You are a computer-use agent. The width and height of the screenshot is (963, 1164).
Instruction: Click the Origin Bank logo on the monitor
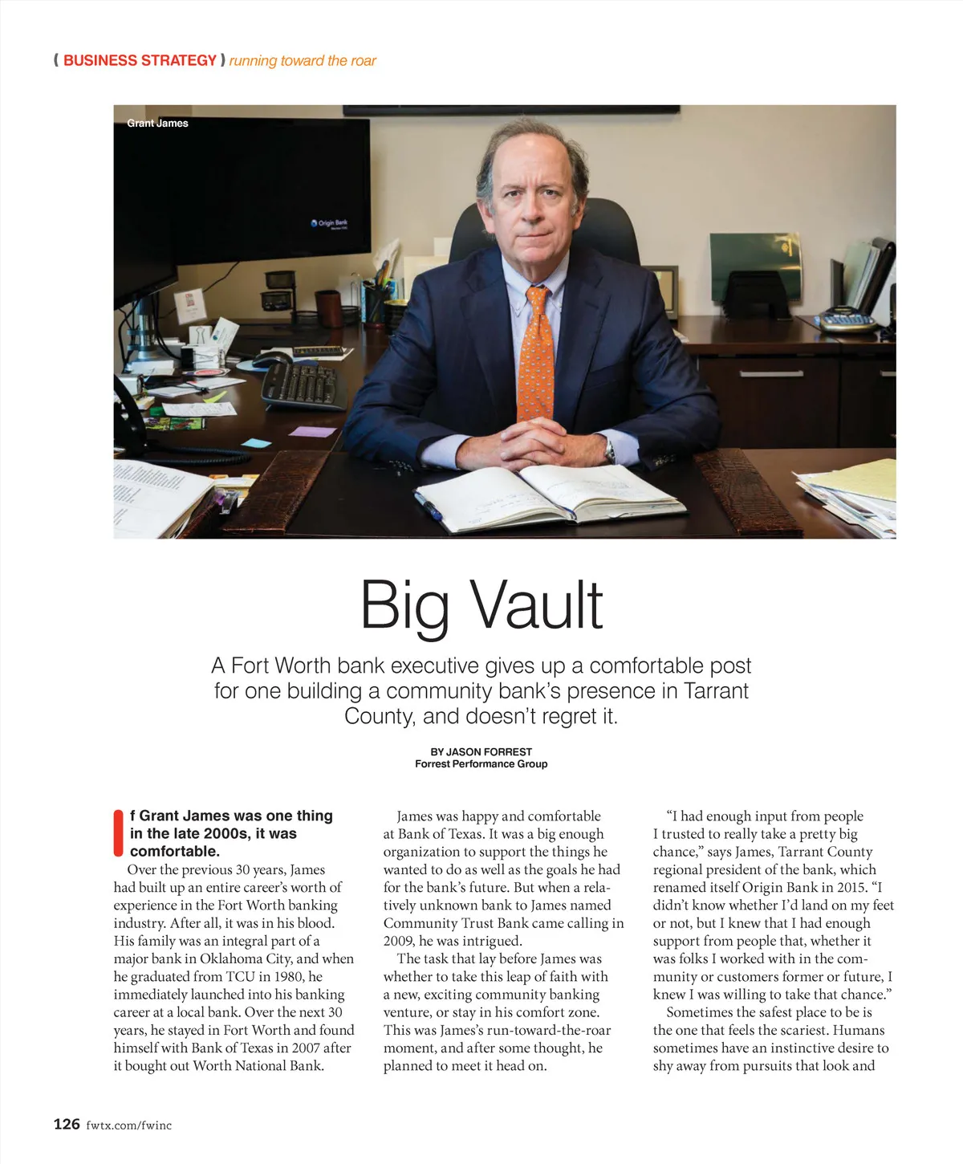point(330,223)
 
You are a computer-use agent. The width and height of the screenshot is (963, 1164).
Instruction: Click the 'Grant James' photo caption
point(157,123)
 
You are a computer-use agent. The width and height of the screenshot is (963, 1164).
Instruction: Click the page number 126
point(67,1124)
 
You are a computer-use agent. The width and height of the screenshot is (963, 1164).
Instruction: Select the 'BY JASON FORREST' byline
point(481,751)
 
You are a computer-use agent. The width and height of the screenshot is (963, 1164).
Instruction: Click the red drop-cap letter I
point(118,833)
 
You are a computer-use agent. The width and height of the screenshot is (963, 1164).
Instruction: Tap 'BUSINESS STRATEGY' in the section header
point(140,60)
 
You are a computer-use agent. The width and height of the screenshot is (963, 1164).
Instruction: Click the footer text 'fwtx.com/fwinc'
point(128,1125)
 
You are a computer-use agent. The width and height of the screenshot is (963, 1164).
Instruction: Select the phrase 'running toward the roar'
point(303,61)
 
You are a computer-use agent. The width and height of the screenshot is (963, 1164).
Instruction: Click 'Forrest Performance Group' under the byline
point(481,763)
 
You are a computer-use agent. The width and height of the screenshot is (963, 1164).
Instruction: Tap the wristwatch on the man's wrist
point(610,451)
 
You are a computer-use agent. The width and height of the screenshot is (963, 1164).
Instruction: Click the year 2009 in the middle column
point(398,941)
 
